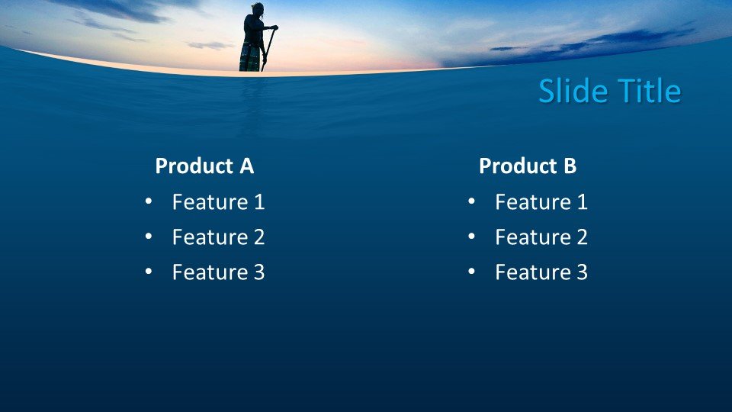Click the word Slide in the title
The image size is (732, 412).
[x=573, y=91]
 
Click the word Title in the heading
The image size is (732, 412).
[x=650, y=91]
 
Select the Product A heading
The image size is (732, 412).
[x=204, y=166]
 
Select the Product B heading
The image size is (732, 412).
[x=528, y=166]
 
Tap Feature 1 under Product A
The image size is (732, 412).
[x=219, y=201]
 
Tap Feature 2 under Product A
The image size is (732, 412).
[x=219, y=237]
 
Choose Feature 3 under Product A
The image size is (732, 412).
[x=219, y=272]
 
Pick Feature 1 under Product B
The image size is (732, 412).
[x=541, y=201]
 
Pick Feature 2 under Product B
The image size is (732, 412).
[x=541, y=237]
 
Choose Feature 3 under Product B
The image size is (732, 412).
[x=541, y=272]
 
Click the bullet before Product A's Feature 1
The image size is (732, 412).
[x=149, y=201]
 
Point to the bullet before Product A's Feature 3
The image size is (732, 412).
[x=149, y=272]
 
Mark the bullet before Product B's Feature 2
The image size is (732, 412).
[x=471, y=237]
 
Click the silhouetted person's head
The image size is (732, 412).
[x=258, y=9]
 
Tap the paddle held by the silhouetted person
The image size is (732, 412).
[x=268, y=47]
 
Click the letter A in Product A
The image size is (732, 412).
[x=246, y=166]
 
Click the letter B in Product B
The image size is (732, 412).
[x=570, y=166]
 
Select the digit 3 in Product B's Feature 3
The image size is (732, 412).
[x=582, y=272]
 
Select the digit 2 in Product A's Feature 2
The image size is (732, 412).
[x=259, y=237]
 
